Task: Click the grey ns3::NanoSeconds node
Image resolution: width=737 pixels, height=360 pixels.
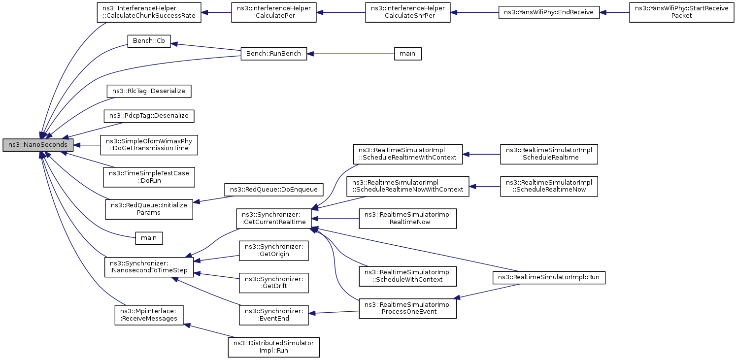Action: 38,145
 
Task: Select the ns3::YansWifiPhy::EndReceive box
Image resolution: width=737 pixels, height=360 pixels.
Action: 549,12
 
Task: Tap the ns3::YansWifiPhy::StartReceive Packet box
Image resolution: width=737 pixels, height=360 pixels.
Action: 681,12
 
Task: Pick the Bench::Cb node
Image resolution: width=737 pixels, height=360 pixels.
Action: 149,41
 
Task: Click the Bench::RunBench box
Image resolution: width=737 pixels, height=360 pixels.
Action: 274,54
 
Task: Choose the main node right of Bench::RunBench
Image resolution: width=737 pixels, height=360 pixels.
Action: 407,54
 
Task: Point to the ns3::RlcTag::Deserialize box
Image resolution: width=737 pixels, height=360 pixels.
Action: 149,91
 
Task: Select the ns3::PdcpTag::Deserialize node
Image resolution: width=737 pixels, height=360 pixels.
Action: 149,116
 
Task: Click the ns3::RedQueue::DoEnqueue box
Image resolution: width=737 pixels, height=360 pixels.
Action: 274,190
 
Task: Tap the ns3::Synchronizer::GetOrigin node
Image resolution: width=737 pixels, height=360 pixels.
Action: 274,251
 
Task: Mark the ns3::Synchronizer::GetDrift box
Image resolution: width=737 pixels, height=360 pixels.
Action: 274,283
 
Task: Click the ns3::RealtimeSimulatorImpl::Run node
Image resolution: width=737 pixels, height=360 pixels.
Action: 549,277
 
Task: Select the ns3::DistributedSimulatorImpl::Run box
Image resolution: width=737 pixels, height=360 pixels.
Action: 274,347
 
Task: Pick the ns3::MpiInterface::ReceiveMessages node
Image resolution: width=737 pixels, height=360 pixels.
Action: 149,315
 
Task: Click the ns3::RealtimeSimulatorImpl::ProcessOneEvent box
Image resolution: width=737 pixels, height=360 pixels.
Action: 407,308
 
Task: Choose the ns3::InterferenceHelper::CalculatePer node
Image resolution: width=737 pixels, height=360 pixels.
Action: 274,12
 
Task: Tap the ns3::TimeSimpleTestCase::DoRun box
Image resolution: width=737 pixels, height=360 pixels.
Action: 149,177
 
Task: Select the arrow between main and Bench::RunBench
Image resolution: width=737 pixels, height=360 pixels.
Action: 350,54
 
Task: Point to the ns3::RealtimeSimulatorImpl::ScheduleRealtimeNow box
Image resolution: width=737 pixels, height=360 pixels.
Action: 549,187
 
